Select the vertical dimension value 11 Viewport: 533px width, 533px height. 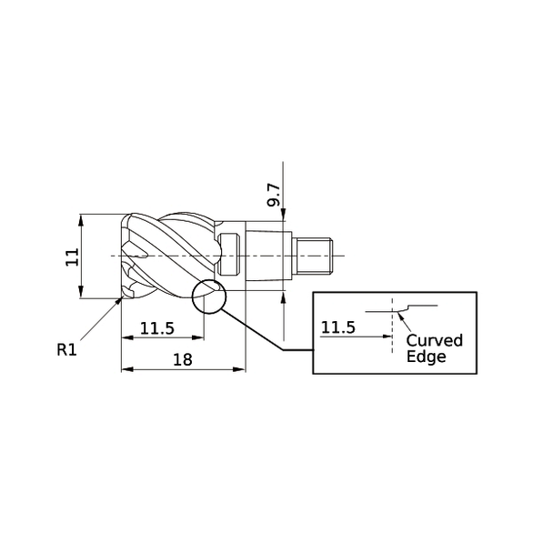click(71, 257)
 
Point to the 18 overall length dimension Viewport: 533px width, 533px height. click(182, 359)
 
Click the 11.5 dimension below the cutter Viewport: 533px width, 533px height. click(157, 328)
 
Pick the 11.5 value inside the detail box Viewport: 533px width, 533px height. click(338, 327)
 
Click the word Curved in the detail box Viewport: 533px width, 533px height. click(434, 340)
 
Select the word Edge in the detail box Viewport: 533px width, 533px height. click(427, 357)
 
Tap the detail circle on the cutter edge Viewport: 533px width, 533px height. click(209, 296)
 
